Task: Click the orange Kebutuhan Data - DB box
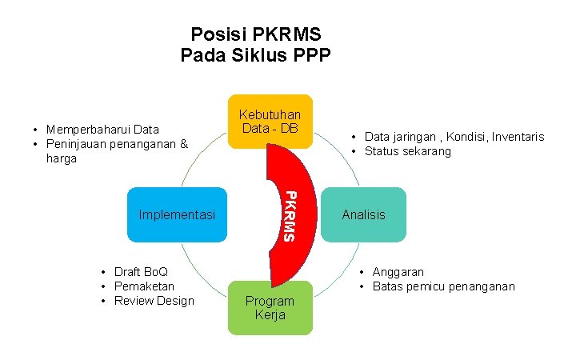tap(270, 122)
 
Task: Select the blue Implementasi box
tap(177, 214)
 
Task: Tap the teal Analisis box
tap(363, 214)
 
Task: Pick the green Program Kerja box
tap(270, 308)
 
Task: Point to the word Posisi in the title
tap(218, 35)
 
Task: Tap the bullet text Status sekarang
tap(407, 151)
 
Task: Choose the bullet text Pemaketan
tap(144, 286)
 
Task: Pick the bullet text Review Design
tap(154, 301)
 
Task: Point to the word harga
tap(62, 158)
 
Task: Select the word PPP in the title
tap(312, 55)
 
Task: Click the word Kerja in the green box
tap(270, 315)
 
